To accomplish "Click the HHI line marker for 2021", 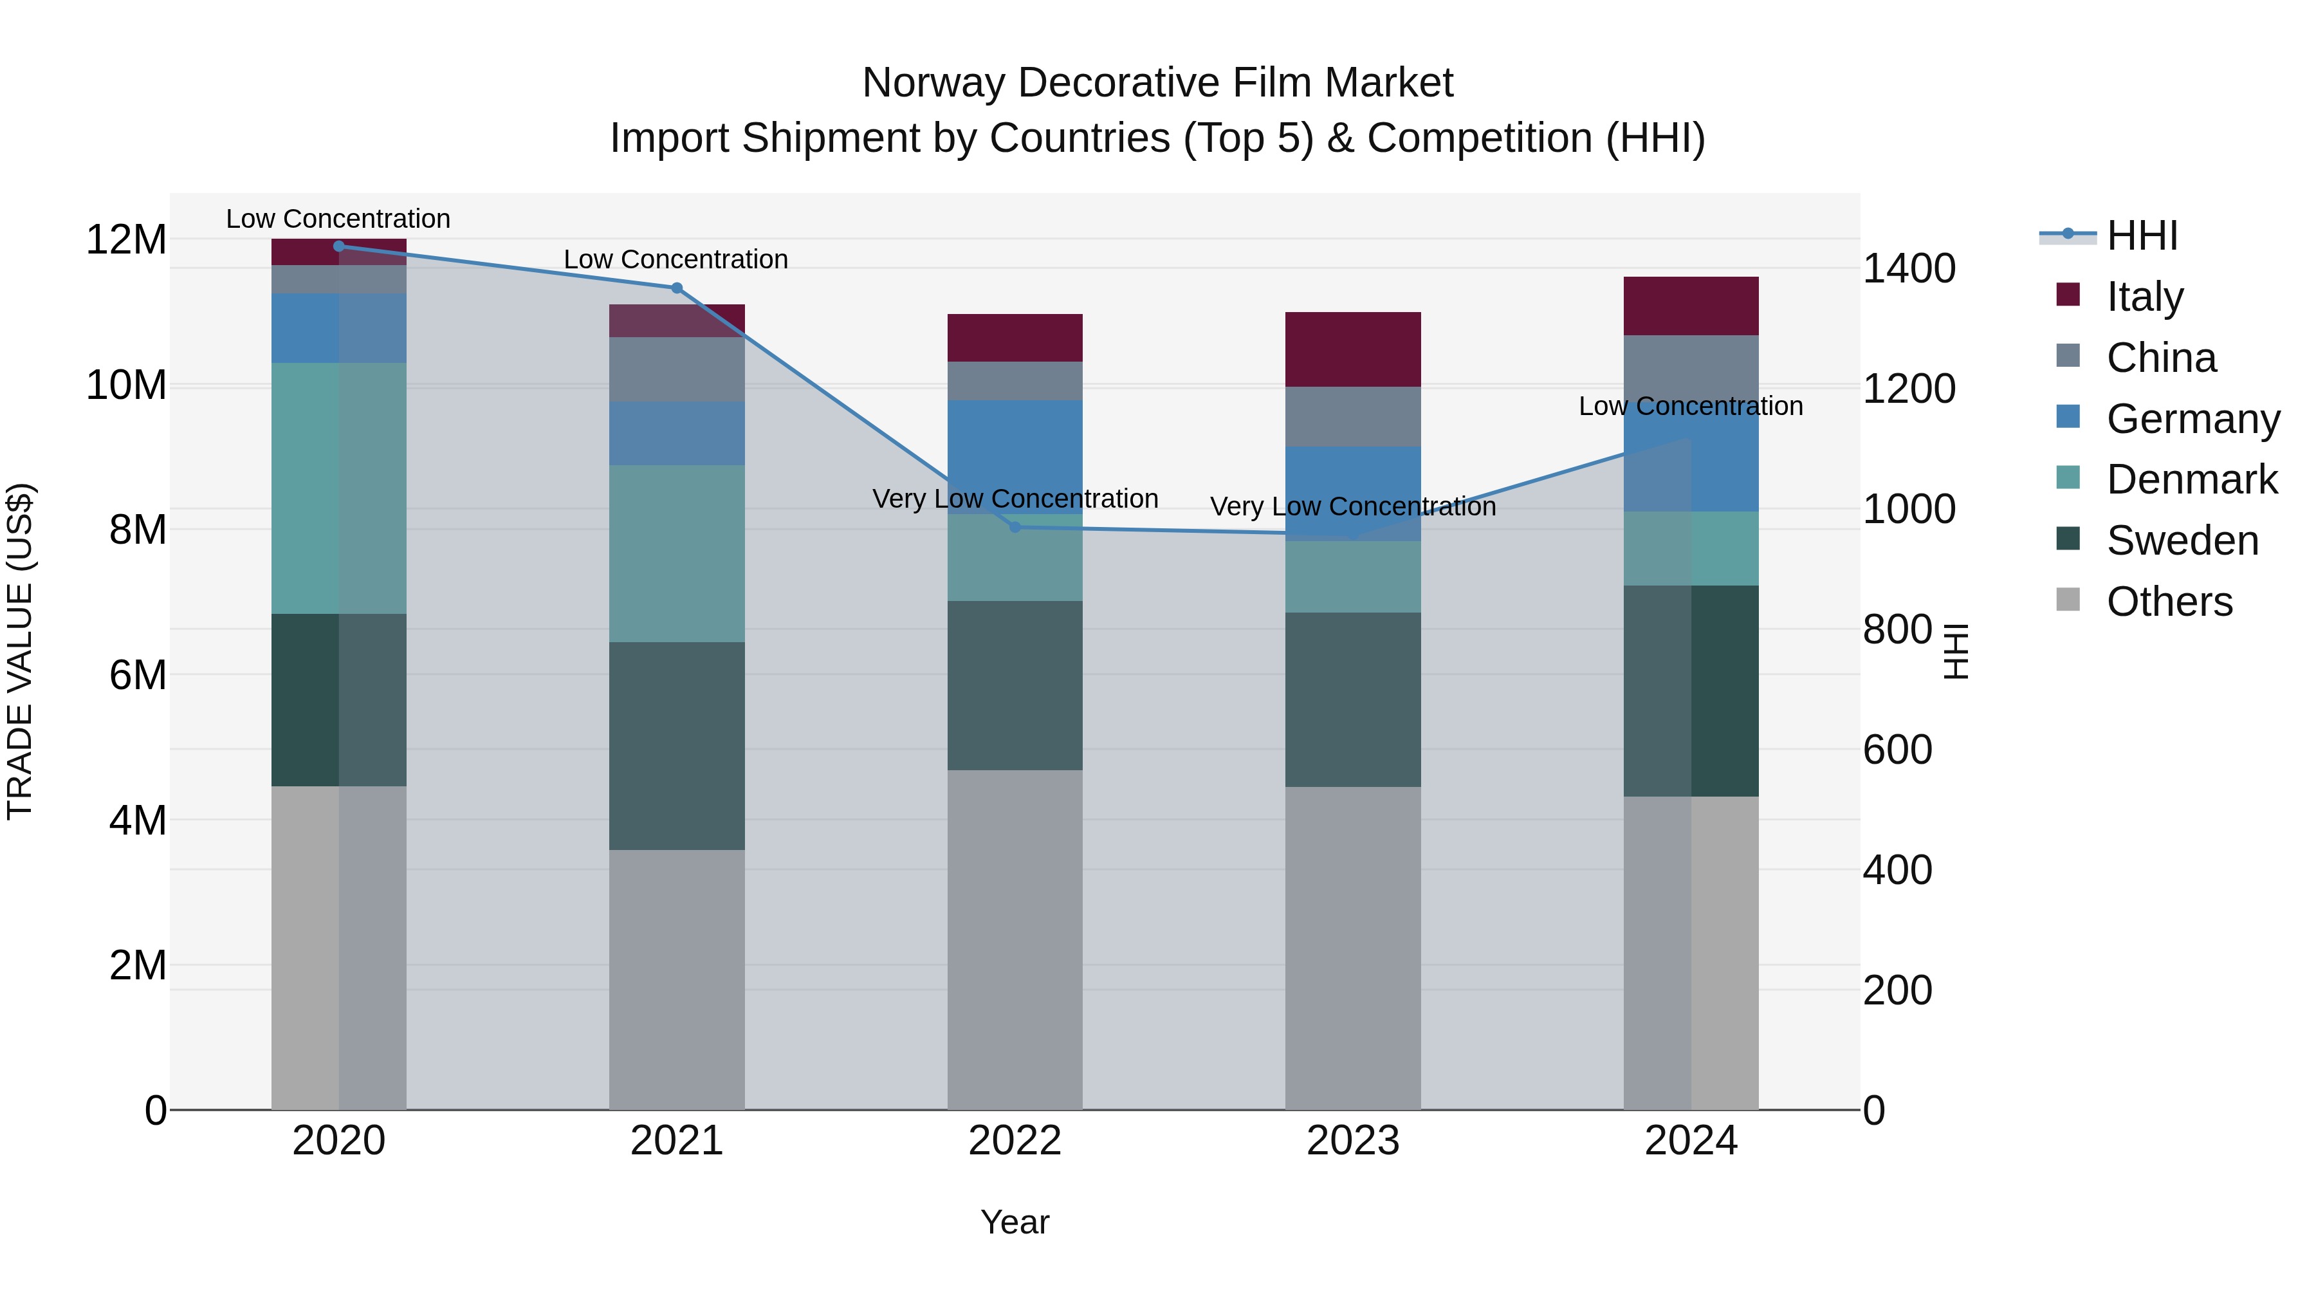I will (677, 288).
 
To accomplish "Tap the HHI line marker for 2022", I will (1015, 527).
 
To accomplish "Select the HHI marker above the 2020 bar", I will (339, 246).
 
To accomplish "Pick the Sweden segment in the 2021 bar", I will (677, 746).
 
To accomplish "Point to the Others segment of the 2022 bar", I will (1015, 939).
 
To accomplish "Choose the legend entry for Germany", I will (2192, 419).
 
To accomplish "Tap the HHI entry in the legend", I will (2142, 236).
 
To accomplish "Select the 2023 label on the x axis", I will (1353, 1141).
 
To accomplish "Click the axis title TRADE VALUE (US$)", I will (20, 651).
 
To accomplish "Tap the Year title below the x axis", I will (1015, 1222).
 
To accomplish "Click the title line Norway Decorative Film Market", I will (1157, 83).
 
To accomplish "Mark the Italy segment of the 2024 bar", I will (1691, 306).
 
